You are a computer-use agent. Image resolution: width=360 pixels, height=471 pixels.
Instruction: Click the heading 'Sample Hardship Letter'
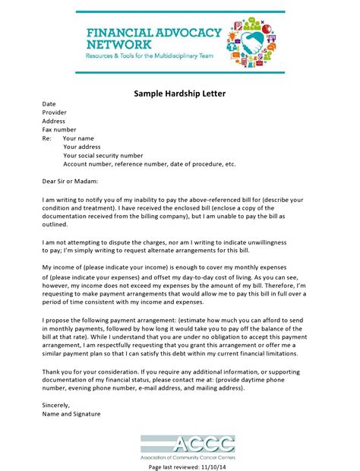coord(179,93)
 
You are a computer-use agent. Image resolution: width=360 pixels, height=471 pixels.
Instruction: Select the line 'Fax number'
coord(59,130)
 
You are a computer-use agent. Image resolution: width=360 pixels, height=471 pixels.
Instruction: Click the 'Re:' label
coord(47,139)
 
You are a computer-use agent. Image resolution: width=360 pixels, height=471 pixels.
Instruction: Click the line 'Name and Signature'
coord(73,414)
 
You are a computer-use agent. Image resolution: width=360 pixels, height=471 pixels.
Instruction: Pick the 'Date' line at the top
coord(49,103)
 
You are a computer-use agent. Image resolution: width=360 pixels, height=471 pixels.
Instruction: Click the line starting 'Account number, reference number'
coord(150,163)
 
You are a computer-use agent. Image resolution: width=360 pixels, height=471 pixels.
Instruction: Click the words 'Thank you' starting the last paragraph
coord(58,370)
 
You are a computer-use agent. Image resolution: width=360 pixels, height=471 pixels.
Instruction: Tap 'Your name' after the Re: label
coord(78,139)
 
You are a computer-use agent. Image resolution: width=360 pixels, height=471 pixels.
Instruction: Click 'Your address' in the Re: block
coord(83,147)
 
